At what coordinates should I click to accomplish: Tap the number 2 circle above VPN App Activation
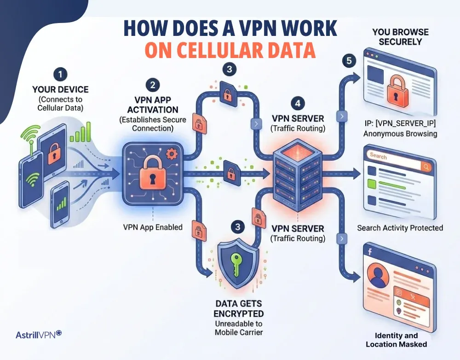pyautogui.click(x=153, y=85)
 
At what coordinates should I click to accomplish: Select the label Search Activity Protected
pyautogui.click(x=400, y=228)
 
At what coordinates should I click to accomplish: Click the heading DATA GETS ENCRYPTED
pyautogui.click(x=238, y=308)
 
